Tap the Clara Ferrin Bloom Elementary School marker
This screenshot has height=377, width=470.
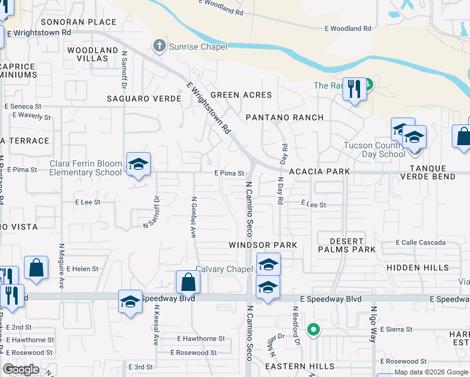click(x=138, y=165)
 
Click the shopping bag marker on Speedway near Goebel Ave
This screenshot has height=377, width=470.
click(x=188, y=282)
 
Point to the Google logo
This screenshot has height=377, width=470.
click(x=21, y=369)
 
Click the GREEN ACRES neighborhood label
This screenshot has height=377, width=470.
click(x=241, y=95)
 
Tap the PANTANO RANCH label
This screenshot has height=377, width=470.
click(x=285, y=117)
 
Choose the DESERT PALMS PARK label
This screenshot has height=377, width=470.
click(x=347, y=245)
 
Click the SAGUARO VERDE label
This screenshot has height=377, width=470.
click(x=144, y=99)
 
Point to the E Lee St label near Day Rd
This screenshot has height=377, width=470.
click(x=314, y=204)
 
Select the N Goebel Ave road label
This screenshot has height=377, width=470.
click(x=194, y=217)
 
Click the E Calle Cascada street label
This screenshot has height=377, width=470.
click(x=420, y=243)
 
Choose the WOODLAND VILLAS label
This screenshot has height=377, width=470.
click(x=92, y=54)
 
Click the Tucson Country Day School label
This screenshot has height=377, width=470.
click(x=374, y=150)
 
